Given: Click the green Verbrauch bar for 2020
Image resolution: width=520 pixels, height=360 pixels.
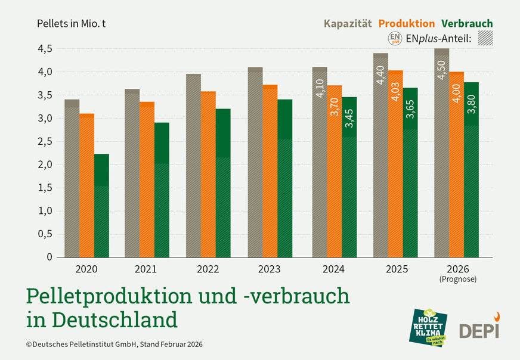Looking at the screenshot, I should point(102,206).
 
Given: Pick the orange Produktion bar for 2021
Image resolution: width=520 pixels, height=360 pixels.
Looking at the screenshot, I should point(147,179).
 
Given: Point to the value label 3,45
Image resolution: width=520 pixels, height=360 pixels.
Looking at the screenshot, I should point(349,117).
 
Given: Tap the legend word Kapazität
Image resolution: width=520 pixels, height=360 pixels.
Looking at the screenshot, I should point(347,23).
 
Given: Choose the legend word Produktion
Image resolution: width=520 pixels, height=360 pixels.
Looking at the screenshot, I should point(407,23).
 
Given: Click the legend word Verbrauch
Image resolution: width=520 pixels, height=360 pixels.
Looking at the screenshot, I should point(467,23).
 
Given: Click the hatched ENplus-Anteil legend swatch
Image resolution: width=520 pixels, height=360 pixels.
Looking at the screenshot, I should point(485,39).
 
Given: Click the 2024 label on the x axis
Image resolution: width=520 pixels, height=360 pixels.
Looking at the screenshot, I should point(334,269).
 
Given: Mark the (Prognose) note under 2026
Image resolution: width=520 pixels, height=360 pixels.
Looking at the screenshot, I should point(456,278).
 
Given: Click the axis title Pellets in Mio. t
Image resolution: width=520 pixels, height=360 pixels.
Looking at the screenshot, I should point(72,24).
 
